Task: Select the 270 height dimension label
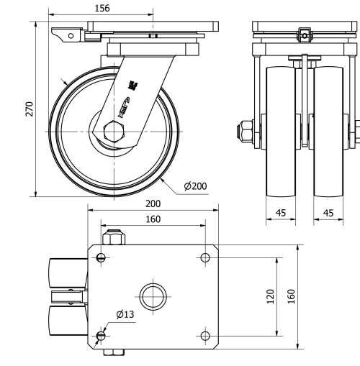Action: point(30,109)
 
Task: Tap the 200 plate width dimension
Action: point(152,204)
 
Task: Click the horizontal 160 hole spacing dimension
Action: point(152,219)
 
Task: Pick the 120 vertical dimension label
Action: point(270,297)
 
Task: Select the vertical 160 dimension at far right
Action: point(291,297)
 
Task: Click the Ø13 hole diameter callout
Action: point(125,314)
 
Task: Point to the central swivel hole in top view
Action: point(153,296)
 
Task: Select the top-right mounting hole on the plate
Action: point(206,257)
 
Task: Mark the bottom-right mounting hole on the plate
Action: point(206,335)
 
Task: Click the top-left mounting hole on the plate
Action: point(101,258)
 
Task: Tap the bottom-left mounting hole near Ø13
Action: point(101,335)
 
